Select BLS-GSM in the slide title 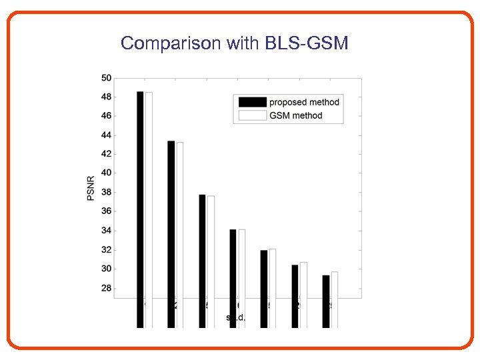click(307, 44)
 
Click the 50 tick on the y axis click(107, 78)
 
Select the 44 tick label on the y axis click(107, 135)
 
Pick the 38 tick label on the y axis click(107, 193)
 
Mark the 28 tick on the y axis click(107, 289)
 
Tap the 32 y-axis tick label click(107, 250)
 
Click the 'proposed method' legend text click(304, 102)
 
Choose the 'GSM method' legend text click(295, 115)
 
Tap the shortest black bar click(326, 300)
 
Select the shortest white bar click(335, 300)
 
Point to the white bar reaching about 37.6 click(211, 260)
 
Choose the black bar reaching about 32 click(264, 287)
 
